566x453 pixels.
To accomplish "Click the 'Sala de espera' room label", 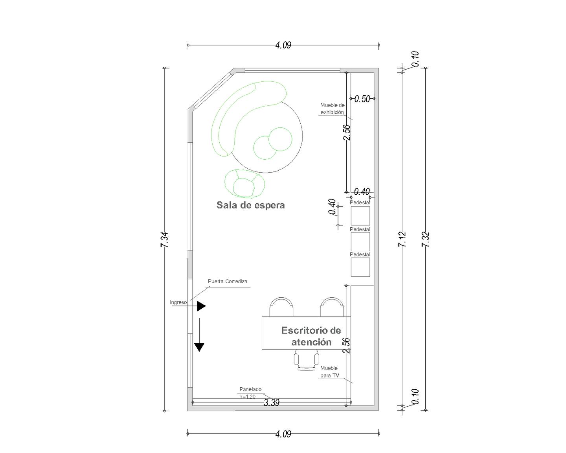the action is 250,205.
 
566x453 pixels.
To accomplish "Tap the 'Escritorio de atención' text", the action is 311,336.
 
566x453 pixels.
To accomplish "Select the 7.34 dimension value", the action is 164,240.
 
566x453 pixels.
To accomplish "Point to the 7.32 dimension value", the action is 426,239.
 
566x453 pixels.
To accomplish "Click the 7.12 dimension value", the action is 402,239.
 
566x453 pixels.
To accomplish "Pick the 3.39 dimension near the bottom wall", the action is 272,402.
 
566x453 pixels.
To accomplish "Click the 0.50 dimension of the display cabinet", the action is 362,99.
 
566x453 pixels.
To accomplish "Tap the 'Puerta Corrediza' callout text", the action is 228,282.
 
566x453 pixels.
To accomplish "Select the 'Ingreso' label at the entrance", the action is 178,302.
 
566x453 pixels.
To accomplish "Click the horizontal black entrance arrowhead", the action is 201,306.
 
